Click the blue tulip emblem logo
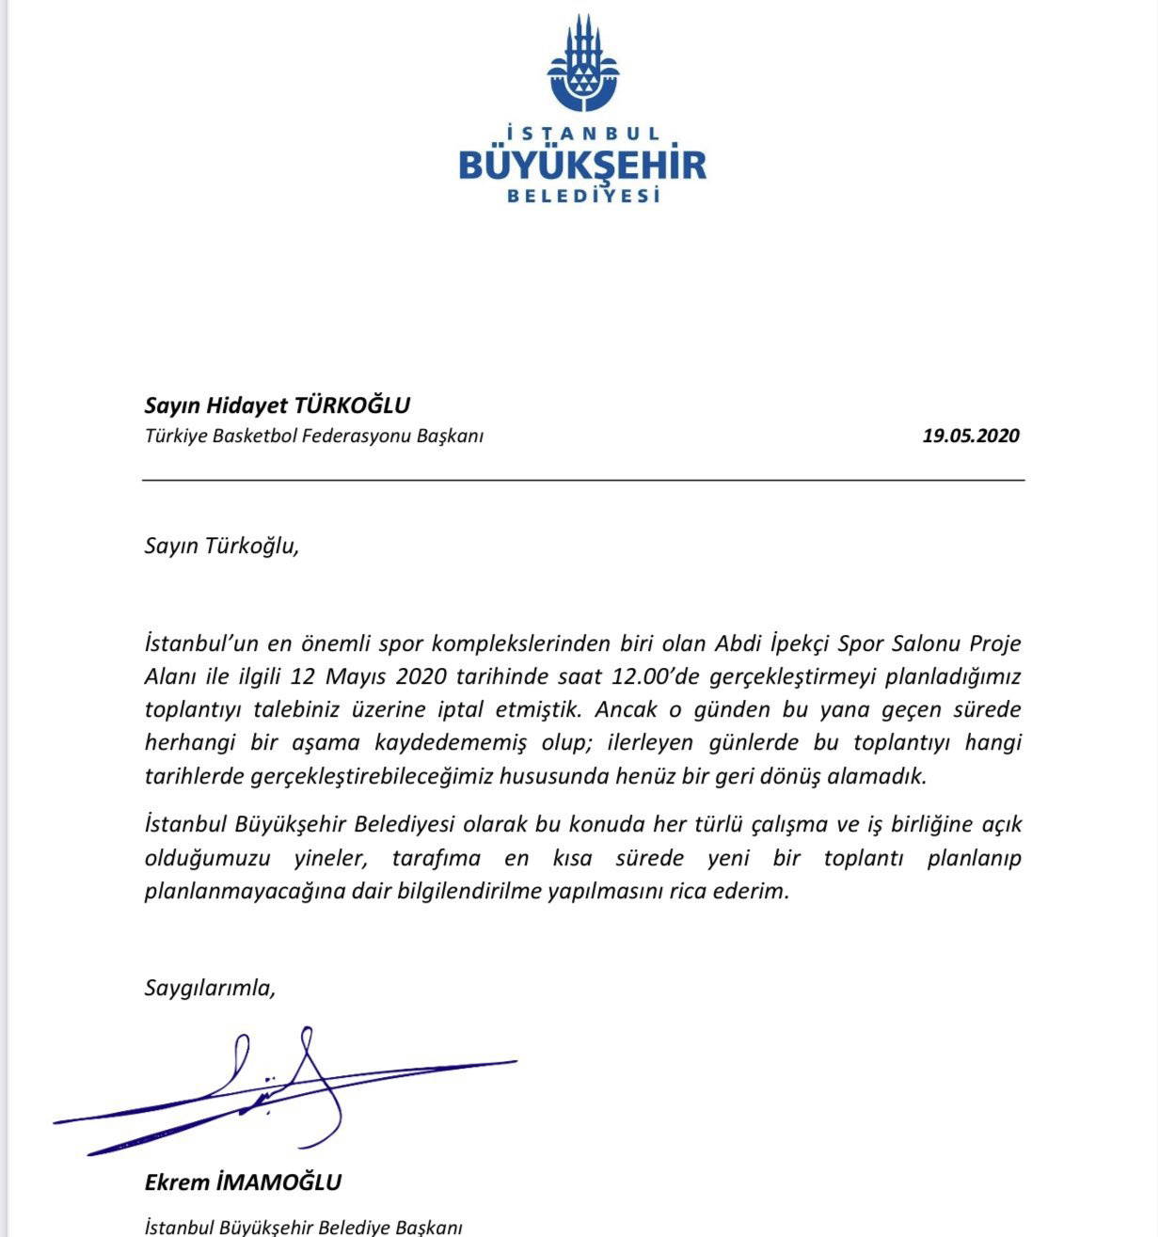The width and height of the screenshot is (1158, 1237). coord(583,65)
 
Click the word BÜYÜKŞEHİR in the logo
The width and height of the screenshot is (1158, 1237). coord(582,166)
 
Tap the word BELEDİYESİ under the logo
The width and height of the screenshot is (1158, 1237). coord(583,196)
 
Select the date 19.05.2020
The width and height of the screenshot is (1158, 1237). coord(971,436)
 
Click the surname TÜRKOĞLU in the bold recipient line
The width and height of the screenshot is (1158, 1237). coord(353,405)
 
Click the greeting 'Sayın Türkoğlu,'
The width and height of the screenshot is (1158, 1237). coord(221,546)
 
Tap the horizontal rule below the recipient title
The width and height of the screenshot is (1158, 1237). coord(583,480)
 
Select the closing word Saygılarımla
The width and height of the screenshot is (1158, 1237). coord(209,988)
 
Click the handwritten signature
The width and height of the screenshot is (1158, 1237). coord(282,1091)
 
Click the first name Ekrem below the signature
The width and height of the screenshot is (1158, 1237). coord(176,1182)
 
